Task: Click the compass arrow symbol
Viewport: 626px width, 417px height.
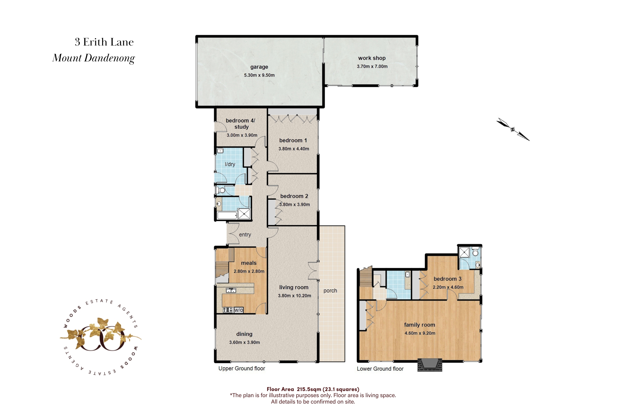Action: pyautogui.click(x=513, y=129)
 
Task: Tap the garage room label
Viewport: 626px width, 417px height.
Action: pyautogui.click(x=259, y=67)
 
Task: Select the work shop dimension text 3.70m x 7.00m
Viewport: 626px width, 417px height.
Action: pyautogui.click(x=372, y=66)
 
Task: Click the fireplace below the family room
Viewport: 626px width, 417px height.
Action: pyautogui.click(x=430, y=365)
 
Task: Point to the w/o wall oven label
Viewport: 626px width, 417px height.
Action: pyautogui.click(x=239, y=310)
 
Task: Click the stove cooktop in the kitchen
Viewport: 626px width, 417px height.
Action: pyautogui.click(x=228, y=310)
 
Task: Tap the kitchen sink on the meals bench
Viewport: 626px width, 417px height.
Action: pyautogui.click(x=231, y=290)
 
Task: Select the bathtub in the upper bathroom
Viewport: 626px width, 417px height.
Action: pyautogui.click(x=227, y=215)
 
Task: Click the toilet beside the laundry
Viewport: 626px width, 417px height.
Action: pyautogui.click(x=221, y=190)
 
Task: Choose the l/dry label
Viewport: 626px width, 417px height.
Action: pyautogui.click(x=230, y=164)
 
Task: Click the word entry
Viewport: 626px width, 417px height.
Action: pyautogui.click(x=245, y=235)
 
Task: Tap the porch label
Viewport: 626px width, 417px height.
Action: pyautogui.click(x=330, y=291)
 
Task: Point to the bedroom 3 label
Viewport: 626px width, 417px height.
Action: pyautogui.click(x=447, y=279)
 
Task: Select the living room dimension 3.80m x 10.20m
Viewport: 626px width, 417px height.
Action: pyautogui.click(x=295, y=296)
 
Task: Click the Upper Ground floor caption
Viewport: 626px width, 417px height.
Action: pyautogui.click(x=242, y=368)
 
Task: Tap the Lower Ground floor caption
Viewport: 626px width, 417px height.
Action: pyautogui.click(x=380, y=369)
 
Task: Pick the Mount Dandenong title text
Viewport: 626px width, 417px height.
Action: pyautogui.click(x=94, y=58)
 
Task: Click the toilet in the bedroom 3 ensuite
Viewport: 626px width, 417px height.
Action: pyautogui.click(x=475, y=252)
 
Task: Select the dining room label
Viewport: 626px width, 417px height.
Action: pyautogui.click(x=244, y=334)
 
